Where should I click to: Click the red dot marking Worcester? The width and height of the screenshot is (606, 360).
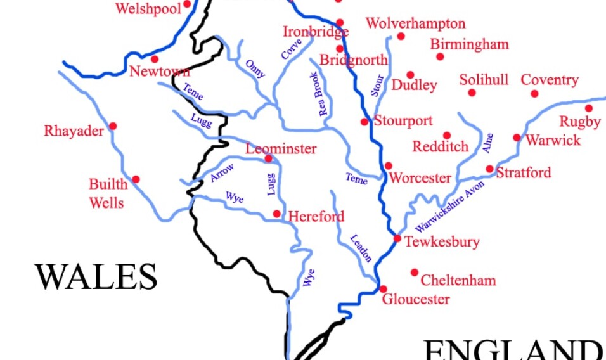tap(389, 166)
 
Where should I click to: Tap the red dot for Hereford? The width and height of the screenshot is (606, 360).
tap(277, 214)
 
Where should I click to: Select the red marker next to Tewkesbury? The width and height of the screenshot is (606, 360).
tap(397, 239)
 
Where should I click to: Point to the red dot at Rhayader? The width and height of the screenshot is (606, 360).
tap(113, 126)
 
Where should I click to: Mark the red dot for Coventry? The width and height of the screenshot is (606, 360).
tap(534, 94)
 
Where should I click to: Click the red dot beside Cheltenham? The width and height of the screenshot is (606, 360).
tap(415, 273)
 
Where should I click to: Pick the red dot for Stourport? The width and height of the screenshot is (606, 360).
tap(364, 122)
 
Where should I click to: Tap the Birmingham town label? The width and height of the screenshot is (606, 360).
tap(469, 44)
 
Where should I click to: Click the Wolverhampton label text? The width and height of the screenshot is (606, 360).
tap(415, 24)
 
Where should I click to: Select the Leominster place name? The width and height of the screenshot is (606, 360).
tap(281, 149)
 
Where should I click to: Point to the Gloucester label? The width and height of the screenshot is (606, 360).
tap(416, 299)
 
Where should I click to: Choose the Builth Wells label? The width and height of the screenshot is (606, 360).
tap(108, 193)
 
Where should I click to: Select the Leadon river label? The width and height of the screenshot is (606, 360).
tap(361, 248)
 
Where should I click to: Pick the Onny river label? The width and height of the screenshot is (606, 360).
tap(255, 68)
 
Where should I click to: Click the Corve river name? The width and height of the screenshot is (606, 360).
tap(292, 49)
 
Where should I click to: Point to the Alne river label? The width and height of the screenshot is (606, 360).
tap(487, 143)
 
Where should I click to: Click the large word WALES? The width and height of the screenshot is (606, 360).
tap(96, 277)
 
